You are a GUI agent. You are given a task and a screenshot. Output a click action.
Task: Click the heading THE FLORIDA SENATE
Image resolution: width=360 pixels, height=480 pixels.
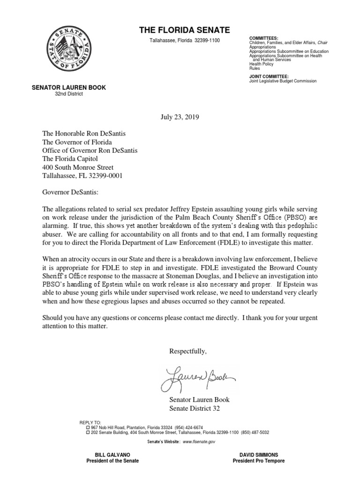click(184, 30)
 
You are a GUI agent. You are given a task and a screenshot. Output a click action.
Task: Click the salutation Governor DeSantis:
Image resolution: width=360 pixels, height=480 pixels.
click(72, 192)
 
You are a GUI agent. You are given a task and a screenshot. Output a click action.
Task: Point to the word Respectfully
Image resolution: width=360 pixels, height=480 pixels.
click(187, 352)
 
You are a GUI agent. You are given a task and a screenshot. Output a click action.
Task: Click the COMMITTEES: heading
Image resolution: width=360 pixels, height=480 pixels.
click(263, 38)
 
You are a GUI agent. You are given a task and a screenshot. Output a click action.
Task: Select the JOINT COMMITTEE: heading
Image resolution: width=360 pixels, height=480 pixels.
click(269, 76)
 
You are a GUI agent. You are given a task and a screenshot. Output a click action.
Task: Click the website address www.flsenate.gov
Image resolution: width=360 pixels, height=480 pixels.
click(199, 442)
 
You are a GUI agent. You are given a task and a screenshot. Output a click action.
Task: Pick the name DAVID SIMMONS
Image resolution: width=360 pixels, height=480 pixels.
click(258, 455)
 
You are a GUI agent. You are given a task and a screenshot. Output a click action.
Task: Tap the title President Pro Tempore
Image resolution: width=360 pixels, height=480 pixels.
click(258, 461)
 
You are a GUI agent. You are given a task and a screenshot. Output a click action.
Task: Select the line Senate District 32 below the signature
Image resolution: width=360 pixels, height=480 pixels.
click(194, 408)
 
